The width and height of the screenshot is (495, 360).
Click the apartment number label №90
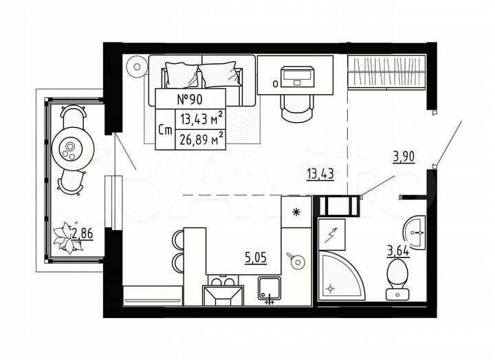click(x=190, y=98)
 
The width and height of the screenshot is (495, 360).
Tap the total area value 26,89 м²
click(x=201, y=140)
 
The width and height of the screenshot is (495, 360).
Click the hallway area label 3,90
click(x=404, y=157)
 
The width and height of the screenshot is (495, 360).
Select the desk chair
click(x=296, y=105)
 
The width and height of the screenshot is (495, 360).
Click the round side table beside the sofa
click(x=137, y=67)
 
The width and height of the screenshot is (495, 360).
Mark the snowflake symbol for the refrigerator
click(x=296, y=211)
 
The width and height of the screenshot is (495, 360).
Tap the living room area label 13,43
click(x=320, y=173)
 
